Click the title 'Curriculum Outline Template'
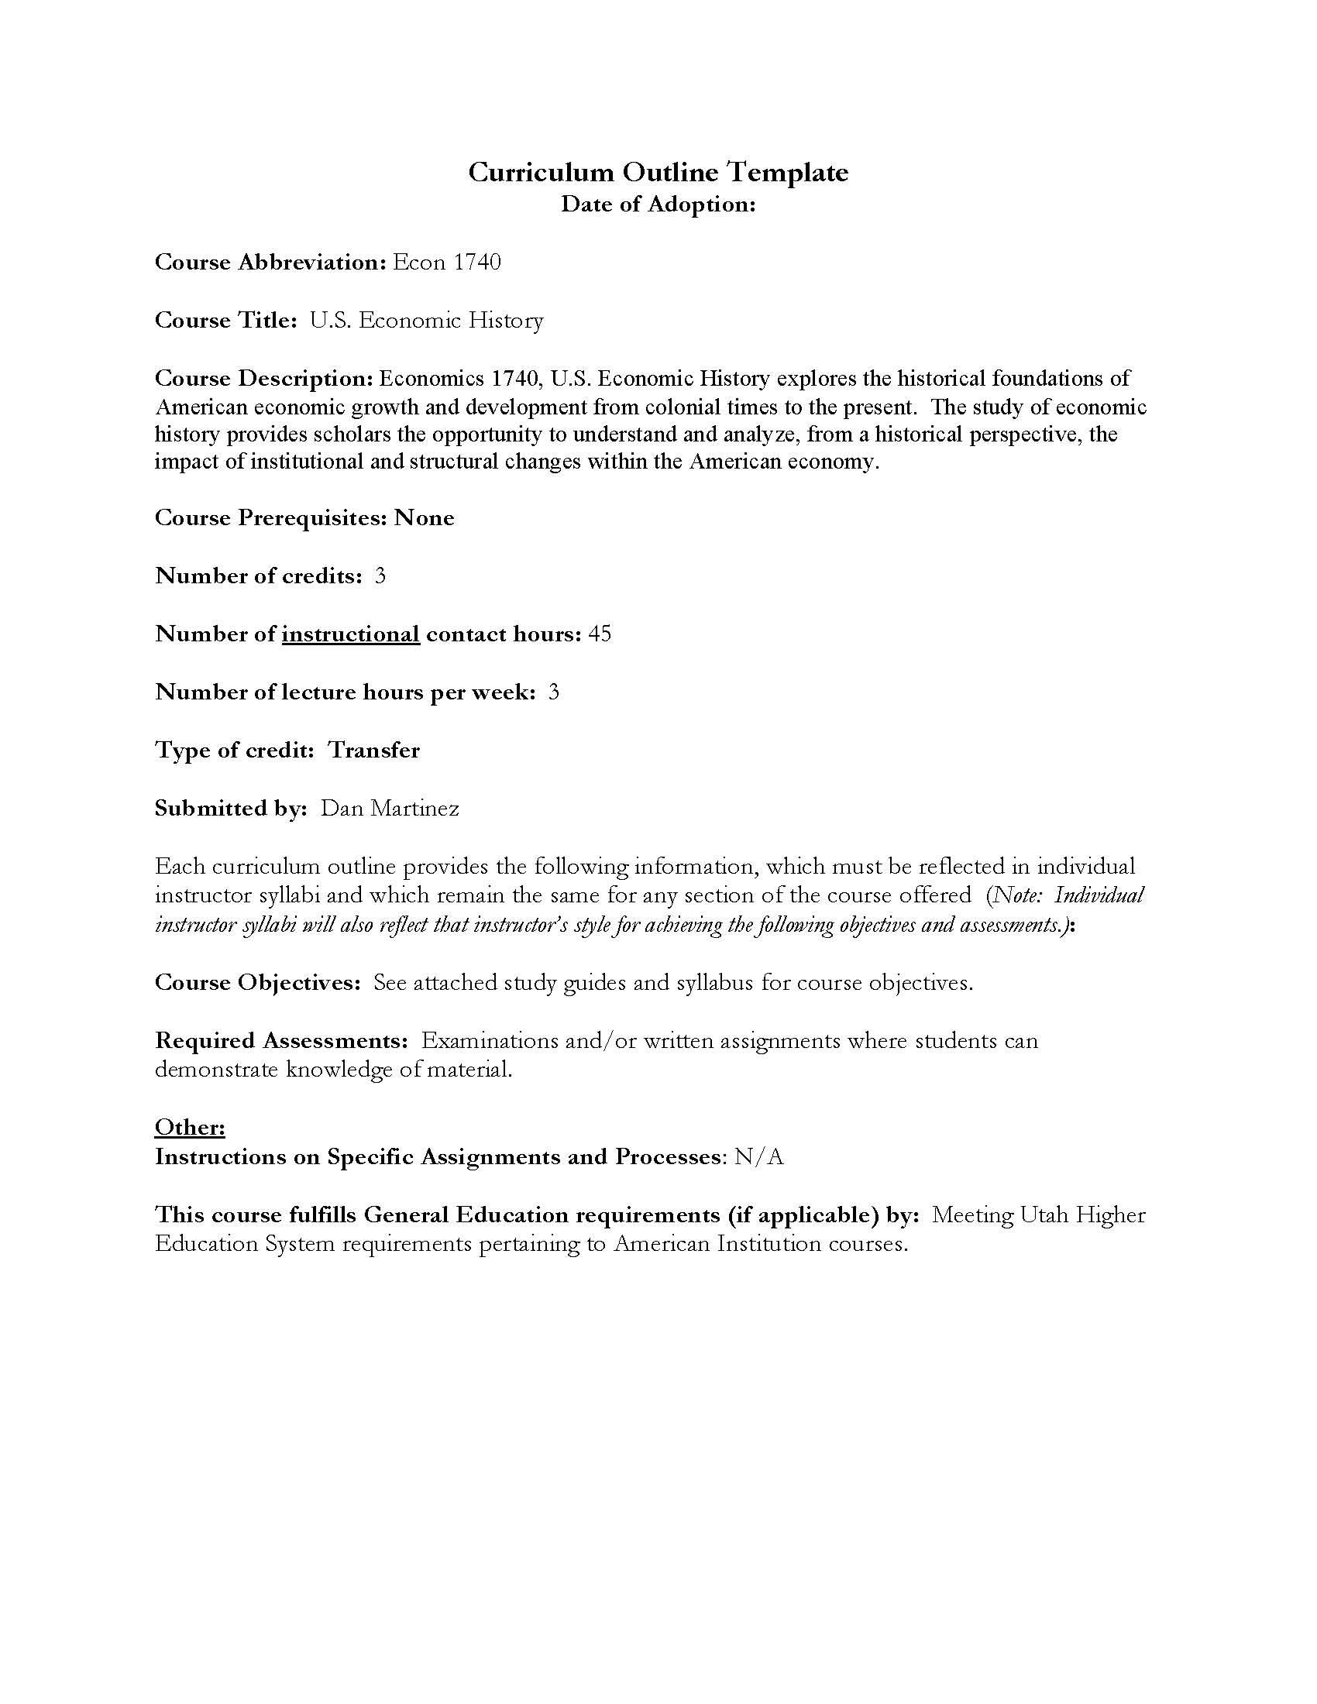click(658, 172)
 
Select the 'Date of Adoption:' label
click(658, 204)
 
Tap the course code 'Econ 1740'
click(446, 262)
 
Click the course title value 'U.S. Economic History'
click(426, 321)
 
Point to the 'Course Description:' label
click(263, 379)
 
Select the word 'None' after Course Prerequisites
click(424, 518)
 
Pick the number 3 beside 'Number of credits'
click(380, 575)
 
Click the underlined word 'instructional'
click(350, 634)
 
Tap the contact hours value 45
click(600, 634)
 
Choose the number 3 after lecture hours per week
click(553, 692)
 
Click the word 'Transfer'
click(373, 751)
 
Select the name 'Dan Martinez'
click(390, 809)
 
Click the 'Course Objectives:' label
click(257, 982)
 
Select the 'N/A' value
click(758, 1156)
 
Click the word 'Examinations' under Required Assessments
click(489, 1041)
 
